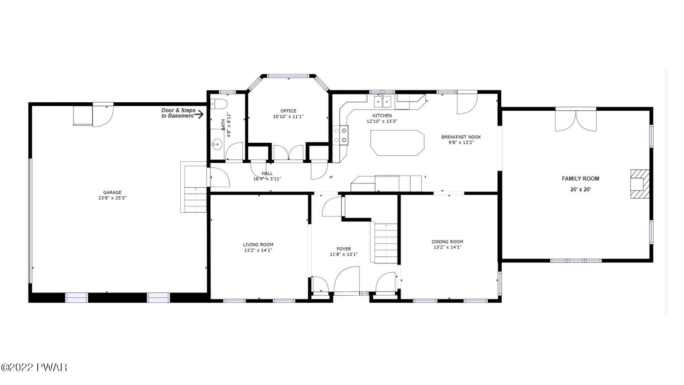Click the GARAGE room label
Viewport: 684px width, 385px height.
click(112, 192)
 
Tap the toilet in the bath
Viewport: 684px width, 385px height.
click(219, 104)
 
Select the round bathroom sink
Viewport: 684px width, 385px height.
click(216, 144)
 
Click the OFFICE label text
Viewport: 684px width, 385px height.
click(288, 111)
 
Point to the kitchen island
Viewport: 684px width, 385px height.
click(397, 143)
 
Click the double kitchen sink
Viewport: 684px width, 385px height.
click(382, 102)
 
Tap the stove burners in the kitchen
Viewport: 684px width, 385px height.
click(341, 135)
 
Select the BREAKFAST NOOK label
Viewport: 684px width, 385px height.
click(461, 137)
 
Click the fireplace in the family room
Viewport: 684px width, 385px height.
click(640, 184)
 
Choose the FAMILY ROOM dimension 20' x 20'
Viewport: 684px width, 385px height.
click(580, 190)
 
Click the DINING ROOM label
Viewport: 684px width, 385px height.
click(447, 242)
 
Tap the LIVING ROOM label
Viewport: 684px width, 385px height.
click(258, 245)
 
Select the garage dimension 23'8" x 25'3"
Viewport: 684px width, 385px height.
click(113, 198)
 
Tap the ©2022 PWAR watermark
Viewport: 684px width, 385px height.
click(34, 368)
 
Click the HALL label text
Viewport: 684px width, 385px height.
click(267, 174)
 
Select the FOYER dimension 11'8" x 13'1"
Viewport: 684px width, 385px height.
click(344, 255)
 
